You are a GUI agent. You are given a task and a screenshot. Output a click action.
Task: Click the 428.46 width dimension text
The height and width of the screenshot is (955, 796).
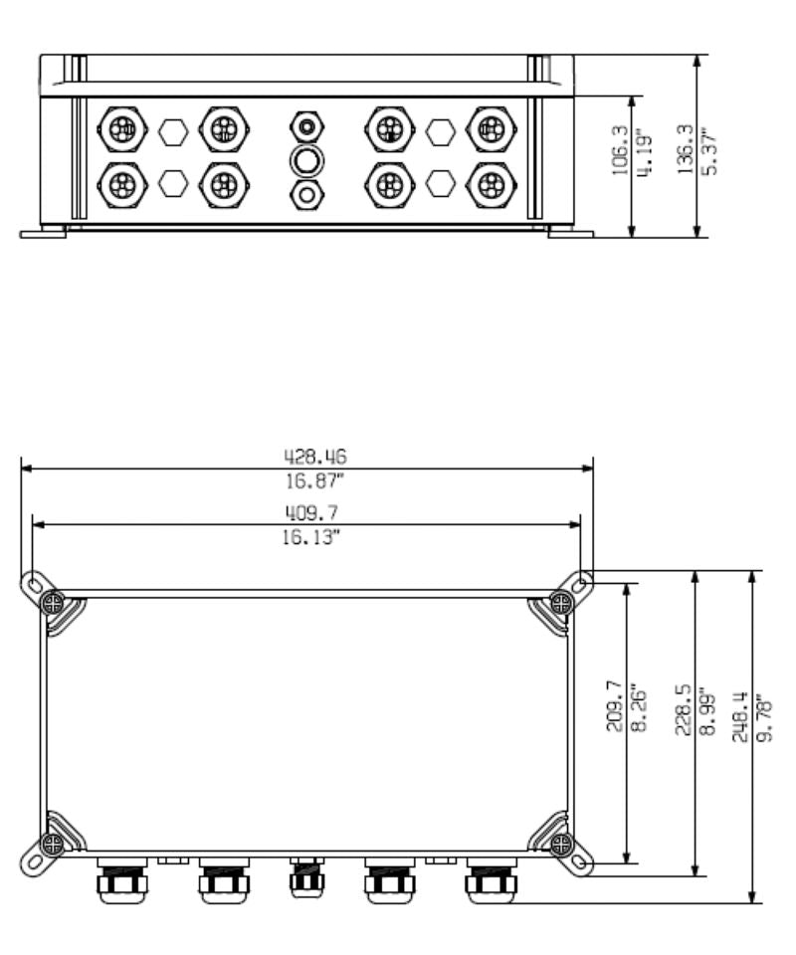click(309, 457)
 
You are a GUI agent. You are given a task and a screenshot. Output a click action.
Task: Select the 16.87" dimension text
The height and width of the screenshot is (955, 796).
click(309, 482)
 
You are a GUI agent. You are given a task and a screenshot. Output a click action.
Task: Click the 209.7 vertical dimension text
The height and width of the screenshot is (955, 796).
click(614, 706)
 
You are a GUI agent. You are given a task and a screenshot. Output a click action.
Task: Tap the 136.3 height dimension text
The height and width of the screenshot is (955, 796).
click(684, 149)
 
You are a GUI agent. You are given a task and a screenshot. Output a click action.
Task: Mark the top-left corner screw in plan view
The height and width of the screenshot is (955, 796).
click(53, 603)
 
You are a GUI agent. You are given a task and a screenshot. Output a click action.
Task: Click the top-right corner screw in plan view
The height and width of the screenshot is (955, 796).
click(561, 603)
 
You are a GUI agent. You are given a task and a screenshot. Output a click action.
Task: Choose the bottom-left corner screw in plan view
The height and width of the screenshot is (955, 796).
click(53, 845)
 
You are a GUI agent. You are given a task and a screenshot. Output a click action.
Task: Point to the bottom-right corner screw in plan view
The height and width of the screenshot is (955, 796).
click(561, 845)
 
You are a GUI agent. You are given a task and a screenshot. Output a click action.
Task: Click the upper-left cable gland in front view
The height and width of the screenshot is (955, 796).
click(122, 129)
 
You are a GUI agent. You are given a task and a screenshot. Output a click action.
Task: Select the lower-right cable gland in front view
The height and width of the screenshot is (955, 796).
click(491, 184)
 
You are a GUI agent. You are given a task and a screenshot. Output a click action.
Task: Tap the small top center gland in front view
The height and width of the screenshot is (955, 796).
click(307, 127)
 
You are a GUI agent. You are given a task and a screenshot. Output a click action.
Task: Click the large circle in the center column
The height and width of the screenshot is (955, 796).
click(307, 160)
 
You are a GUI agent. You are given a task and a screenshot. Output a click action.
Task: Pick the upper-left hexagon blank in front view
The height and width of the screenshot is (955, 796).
click(173, 130)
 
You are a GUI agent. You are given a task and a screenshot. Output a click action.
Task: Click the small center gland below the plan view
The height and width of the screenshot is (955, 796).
click(306, 876)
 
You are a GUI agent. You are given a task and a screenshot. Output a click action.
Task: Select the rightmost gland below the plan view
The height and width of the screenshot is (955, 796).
click(491, 880)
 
